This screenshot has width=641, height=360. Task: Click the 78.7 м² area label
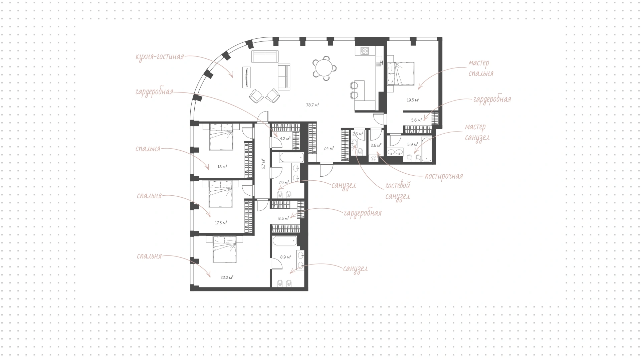coord(312,105)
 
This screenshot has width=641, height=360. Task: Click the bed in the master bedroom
coord(401,73)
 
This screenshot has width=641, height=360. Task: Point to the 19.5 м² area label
coord(413,100)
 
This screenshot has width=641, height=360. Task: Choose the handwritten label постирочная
coord(444,176)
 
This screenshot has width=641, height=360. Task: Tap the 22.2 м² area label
coord(227,277)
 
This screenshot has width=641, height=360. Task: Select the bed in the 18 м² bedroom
coord(221,137)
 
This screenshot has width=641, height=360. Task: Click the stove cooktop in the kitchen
coord(365,51)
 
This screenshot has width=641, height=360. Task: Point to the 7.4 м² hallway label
coord(329,148)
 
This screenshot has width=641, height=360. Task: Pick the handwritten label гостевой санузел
coord(398,191)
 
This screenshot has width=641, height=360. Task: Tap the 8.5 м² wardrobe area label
coord(283,218)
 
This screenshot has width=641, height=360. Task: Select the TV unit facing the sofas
coord(246,77)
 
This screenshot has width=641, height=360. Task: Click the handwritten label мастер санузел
coord(477,132)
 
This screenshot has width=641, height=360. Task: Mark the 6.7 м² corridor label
coord(263,164)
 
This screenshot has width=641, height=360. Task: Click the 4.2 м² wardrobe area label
coord(285,138)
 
